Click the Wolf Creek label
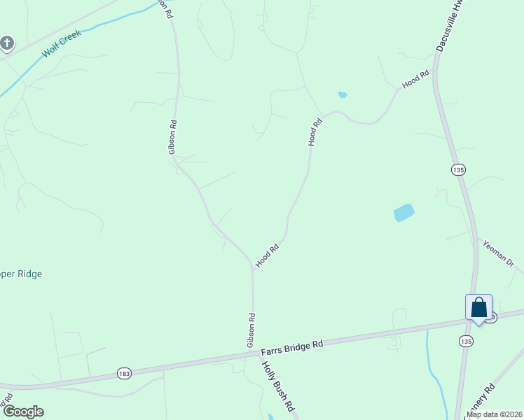pos(62,43)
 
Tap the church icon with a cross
pos(7,44)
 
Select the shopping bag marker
pos(478,307)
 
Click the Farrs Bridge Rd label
pos(292,345)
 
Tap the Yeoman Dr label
pos(498,253)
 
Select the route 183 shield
pos(124,372)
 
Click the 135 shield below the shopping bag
pos(467,340)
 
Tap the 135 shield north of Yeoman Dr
pos(458,169)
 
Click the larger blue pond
pos(404,212)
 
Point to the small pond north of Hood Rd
pos(343,94)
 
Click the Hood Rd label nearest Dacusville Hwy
pos(415,80)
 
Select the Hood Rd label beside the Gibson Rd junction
pos(268,255)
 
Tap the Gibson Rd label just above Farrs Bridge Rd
pos(251,330)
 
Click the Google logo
pos(22,411)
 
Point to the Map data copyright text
pos(493,414)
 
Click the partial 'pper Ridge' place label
pos(21,274)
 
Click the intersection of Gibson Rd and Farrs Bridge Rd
pos(254,354)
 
